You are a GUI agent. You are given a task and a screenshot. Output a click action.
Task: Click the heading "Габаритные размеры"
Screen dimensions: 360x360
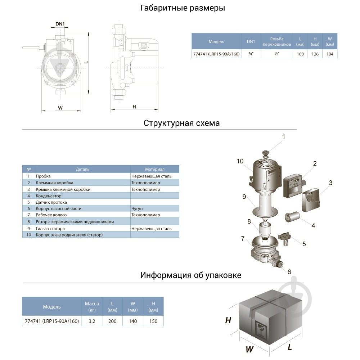(x=183, y=8)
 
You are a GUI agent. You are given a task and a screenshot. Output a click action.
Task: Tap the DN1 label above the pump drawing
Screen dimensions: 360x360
(x=60, y=24)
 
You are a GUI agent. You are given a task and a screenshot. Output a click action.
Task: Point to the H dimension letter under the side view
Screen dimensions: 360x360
(x=134, y=107)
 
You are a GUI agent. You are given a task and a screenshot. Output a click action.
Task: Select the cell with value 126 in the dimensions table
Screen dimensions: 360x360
(x=315, y=54)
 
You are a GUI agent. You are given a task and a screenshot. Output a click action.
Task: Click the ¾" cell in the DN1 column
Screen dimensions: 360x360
(x=251, y=54)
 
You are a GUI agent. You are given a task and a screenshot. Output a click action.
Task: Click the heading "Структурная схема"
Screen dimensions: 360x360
(x=182, y=123)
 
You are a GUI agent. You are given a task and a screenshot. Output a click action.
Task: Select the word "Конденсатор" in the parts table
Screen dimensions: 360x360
(x=49, y=196)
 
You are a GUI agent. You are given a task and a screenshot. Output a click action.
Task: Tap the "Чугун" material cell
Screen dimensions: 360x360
(x=137, y=209)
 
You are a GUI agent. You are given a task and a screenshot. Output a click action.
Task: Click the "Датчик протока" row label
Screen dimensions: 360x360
(x=51, y=202)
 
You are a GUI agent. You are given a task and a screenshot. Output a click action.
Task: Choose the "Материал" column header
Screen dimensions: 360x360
(x=154, y=169)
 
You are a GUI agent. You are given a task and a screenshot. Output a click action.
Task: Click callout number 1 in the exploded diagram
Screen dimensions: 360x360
(x=283, y=137)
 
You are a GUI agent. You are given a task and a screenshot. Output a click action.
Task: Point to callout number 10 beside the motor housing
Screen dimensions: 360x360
(x=240, y=161)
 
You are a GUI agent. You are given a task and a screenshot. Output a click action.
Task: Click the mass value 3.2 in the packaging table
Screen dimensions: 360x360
(x=92, y=321)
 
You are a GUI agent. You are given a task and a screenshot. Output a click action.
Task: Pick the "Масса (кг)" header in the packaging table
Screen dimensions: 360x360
(x=92, y=307)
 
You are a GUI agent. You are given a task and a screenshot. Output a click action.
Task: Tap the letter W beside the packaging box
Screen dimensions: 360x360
(x=249, y=349)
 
